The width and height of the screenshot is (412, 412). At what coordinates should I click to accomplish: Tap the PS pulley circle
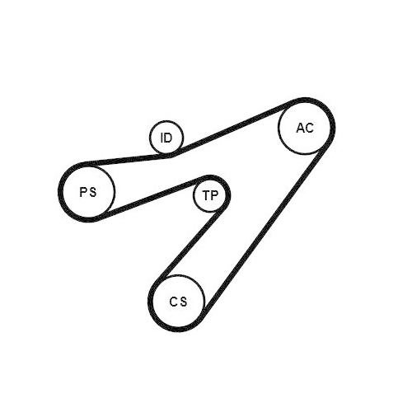[114, 191]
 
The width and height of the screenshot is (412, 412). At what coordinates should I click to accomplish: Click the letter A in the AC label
[301, 128]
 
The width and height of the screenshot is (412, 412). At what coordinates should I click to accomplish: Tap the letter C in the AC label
[310, 128]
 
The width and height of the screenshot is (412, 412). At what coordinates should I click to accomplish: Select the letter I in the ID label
[162, 138]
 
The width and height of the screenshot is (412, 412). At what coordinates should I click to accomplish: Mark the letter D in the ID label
[168, 138]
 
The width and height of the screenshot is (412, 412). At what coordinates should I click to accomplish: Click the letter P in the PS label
[83, 192]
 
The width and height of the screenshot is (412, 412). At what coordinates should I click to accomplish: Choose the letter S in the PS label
[93, 192]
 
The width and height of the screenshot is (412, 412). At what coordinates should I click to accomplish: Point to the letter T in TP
[206, 195]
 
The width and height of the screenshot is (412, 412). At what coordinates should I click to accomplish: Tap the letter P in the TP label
[214, 195]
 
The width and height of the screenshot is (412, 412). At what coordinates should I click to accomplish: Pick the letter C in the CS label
[174, 302]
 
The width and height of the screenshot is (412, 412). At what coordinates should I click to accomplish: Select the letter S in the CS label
[184, 302]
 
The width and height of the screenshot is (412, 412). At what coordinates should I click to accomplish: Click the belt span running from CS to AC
[265, 228]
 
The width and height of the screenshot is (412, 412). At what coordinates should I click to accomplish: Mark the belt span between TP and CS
[190, 245]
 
